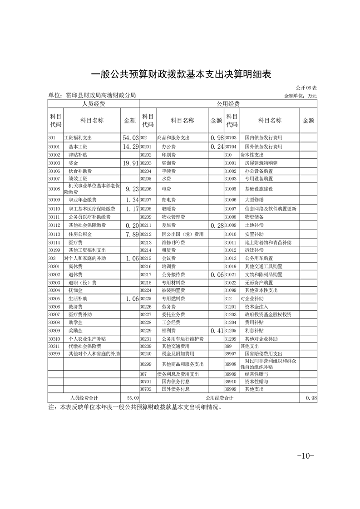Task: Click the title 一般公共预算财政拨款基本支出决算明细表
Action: (181, 74)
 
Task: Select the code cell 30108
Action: (54, 189)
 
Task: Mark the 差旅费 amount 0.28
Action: (216, 225)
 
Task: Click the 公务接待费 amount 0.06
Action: (216, 275)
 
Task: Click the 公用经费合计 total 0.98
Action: (311, 398)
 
